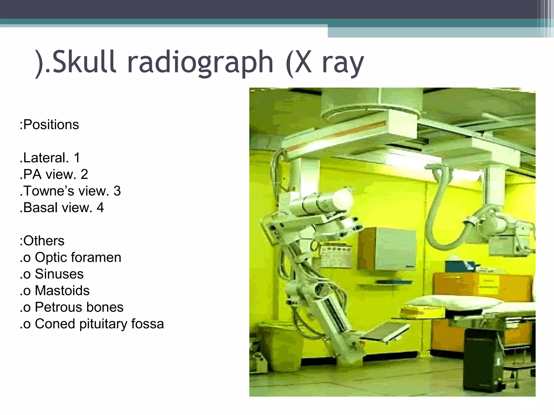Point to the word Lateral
pyautogui.click(x=44, y=158)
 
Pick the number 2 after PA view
pyautogui.click(x=84, y=175)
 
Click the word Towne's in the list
pyautogui.click(x=49, y=191)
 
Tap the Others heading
pyautogui.click(x=44, y=241)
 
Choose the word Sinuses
pyautogui.click(x=59, y=274)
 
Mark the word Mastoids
pyautogui.click(x=62, y=291)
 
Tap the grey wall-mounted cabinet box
pyautogui.click(x=387, y=249)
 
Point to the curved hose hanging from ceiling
pyautogui.click(x=444, y=211)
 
